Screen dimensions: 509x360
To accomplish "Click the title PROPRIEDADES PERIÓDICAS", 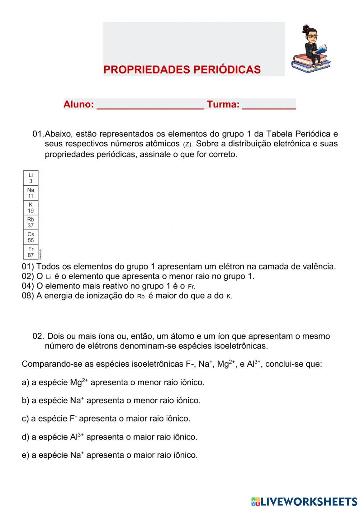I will pos(182,70).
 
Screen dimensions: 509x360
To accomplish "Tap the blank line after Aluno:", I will pos(150,105).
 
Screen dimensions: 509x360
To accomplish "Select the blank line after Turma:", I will pos(269,105).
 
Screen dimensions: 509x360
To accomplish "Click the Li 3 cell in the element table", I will pos(31,178).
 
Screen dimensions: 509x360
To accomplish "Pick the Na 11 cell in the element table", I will pos(31,193).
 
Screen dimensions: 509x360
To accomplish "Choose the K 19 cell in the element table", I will pos(31,208).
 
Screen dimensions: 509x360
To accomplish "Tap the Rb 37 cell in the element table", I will pos(31,223).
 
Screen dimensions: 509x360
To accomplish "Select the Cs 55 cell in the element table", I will pos(31,237).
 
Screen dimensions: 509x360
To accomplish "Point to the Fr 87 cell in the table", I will pos(31,252).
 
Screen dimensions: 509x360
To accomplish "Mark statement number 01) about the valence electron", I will pos(28,267).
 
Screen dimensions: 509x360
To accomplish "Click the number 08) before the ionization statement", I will pos(28,296).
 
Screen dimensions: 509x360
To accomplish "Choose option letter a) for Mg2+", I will pos(25,383).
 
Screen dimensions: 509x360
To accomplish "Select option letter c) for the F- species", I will pos(25,419).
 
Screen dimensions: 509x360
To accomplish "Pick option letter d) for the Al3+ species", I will pos(25,437).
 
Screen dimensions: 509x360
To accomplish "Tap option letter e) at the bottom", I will pos(25,455).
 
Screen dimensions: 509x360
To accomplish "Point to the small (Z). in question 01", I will pos(188,144).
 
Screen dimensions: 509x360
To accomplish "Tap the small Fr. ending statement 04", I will pos(192,287).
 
